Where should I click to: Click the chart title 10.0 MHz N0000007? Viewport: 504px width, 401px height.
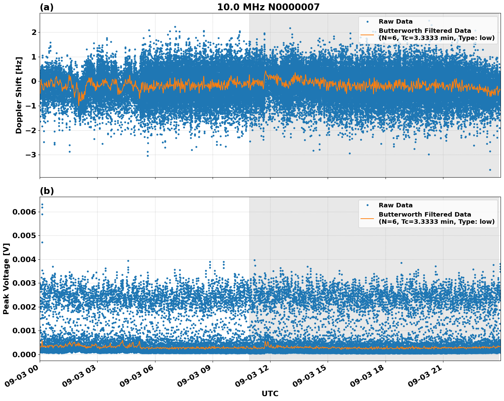click(x=268, y=7)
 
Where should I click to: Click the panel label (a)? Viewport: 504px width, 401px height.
click(x=47, y=7)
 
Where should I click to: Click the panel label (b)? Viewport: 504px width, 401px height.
click(x=47, y=191)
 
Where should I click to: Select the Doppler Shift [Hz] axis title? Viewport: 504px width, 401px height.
click(x=19, y=95)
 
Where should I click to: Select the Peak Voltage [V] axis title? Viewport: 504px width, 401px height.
click(x=6, y=279)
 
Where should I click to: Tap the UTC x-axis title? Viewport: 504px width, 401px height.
click(x=270, y=393)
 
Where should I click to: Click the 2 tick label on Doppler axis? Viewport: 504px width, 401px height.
click(x=34, y=32)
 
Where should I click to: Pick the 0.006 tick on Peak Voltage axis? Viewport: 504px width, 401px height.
click(x=24, y=212)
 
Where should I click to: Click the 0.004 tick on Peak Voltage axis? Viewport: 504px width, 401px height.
click(x=24, y=259)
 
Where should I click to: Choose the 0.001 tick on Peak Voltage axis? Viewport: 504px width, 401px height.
click(x=24, y=331)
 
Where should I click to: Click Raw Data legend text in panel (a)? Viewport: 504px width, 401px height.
click(x=395, y=22)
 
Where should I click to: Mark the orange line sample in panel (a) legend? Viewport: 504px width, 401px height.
click(x=367, y=34)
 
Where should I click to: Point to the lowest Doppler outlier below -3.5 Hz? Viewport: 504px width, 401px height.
click(x=490, y=170)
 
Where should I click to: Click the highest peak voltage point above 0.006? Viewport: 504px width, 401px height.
click(x=42, y=205)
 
